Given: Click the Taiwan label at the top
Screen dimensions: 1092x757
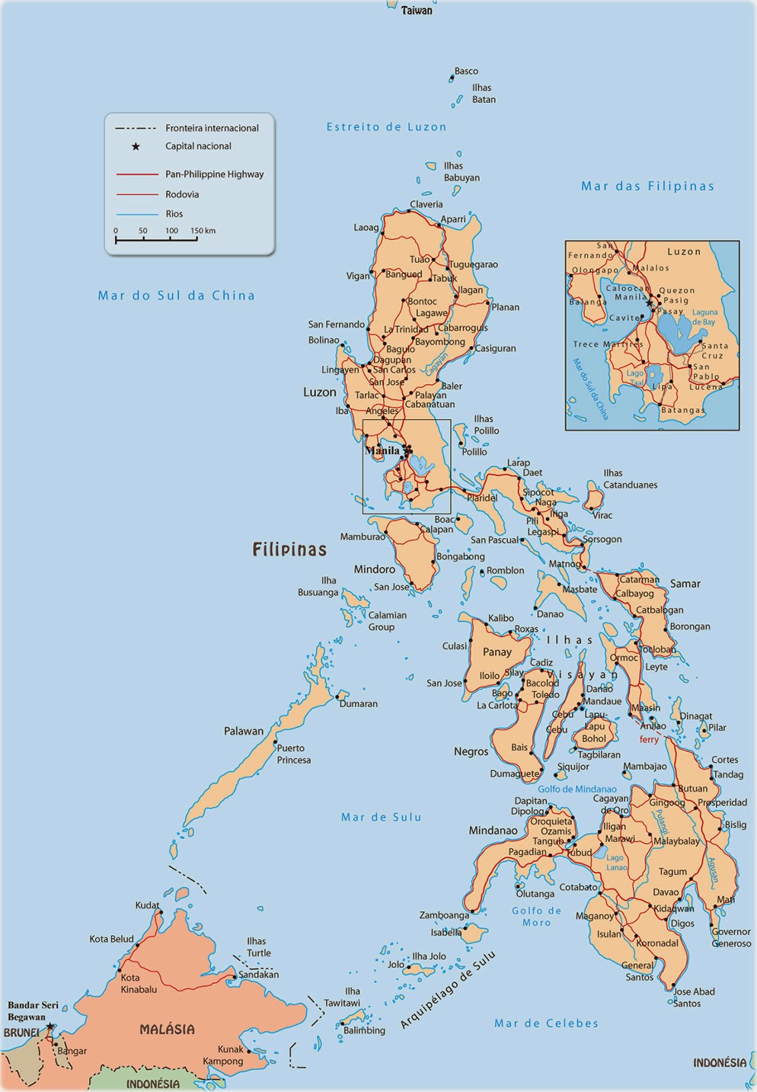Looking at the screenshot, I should pyautogui.click(x=417, y=11).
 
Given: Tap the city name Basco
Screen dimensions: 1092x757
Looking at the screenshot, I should pyautogui.click(x=466, y=71).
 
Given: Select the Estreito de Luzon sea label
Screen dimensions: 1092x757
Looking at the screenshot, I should pyautogui.click(x=386, y=126).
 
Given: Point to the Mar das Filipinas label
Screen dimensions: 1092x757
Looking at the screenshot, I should pyautogui.click(x=647, y=186).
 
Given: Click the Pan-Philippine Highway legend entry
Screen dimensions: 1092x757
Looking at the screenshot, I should pyautogui.click(x=214, y=175).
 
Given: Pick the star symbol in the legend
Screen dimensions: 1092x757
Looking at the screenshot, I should pyautogui.click(x=136, y=146).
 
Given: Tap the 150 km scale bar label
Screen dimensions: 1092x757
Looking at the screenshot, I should pyautogui.click(x=203, y=230).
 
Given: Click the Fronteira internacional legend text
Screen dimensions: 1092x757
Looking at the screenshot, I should pyautogui.click(x=212, y=128).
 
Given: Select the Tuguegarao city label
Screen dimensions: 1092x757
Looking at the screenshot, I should pyautogui.click(x=473, y=264).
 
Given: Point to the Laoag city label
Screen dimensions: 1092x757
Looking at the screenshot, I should pyautogui.click(x=366, y=227).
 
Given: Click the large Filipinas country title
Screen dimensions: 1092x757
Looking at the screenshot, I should pyautogui.click(x=289, y=549).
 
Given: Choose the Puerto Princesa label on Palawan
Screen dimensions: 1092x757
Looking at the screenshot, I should pyautogui.click(x=293, y=754).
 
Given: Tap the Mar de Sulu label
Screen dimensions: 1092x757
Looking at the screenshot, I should pyautogui.click(x=381, y=817).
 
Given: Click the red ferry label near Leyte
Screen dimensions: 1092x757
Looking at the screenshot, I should pyautogui.click(x=649, y=739).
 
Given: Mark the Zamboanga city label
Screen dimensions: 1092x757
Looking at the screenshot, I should pyautogui.click(x=444, y=915).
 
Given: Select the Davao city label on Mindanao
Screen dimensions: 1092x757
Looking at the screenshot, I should pyautogui.click(x=666, y=892).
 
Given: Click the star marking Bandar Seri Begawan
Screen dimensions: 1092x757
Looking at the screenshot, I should pyautogui.click(x=50, y=1026).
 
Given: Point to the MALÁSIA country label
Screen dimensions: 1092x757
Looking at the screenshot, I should pyautogui.click(x=167, y=1030).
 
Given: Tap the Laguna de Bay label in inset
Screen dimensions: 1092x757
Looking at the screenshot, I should pyautogui.click(x=704, y=317).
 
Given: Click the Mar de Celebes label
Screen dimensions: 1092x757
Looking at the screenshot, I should pyautogui.click(x=546, y=1023).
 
